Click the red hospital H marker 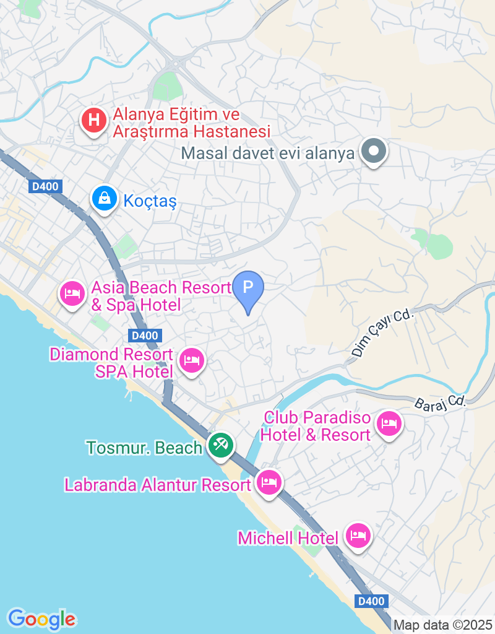pos(93,119)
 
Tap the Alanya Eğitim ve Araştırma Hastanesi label pos(191,123)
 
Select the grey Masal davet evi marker pos(374,151)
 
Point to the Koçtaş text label pos(150,201)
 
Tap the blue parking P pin pos(248,288)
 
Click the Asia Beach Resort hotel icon pos(72,293)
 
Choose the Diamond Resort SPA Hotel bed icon pos(191,360)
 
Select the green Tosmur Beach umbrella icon pos(219,445)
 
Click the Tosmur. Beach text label pos(145,448)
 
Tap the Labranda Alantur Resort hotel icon pos(268,482)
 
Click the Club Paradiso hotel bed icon pos(389,424)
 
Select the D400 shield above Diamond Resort pos(146,336)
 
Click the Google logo pos(42,618)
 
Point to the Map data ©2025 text pos(442,625)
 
